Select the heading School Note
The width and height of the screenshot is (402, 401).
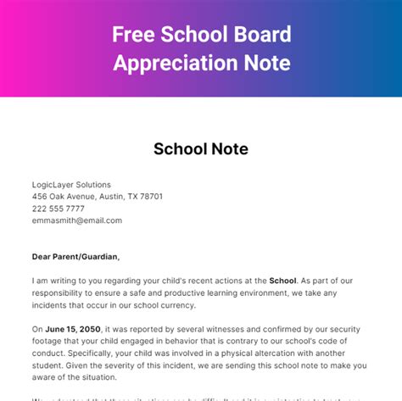[x=201, y=149]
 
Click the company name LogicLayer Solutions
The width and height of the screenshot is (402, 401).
[x=71, y=185]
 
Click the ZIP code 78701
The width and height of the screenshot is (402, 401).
[x=148, y=197]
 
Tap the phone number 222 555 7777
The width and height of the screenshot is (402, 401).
[x=59, y=209]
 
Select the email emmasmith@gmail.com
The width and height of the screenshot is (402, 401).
[x=76, y=220]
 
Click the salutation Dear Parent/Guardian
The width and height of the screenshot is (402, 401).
[x=76, y=257]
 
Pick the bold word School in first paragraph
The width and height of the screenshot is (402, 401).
[x=282, y=281]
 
